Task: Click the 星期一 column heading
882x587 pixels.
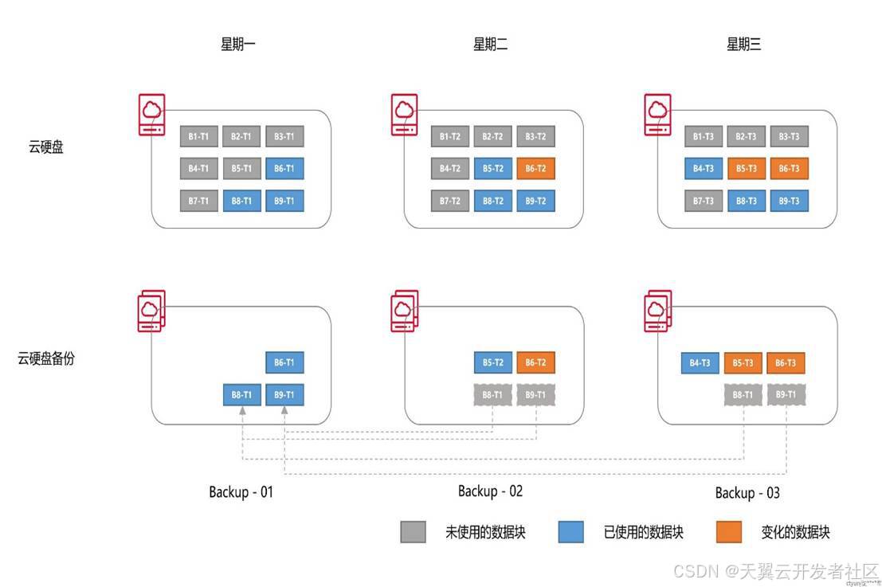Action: click(x=237, y=45)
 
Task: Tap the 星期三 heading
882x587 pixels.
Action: click(x=743, y=45)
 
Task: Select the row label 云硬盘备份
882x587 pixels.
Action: click(x=46, y=358)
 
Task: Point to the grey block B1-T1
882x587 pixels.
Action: click(x=198, y=136)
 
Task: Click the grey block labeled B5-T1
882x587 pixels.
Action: click(x=241, y=168)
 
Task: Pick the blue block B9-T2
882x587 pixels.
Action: click(x=535, y=201)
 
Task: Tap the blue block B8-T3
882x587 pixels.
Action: click(x=747, y=201)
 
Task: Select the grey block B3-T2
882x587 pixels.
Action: click(x=535, y=136)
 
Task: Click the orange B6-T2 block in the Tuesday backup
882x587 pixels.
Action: click(x=535, y=362)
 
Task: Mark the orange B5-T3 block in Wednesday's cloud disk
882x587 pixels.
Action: click(x=747, y=168)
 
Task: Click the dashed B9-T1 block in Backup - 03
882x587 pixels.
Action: click(x=786, y=394)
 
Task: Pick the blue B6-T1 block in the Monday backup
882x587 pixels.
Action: click(x=284, y=362)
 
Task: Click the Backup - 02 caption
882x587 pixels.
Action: click(x=490, y=491)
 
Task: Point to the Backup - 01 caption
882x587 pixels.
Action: click(x=241, y=491)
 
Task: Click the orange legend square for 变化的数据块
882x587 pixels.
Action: click(x=728, y=532)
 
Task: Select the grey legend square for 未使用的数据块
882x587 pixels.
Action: click(x=413, y=532)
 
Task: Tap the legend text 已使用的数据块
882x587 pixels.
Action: click(x=643, y=532)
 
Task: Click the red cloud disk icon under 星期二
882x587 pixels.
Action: click(x=405, y=115)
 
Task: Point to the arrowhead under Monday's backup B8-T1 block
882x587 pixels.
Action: click(x=241, y=410)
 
